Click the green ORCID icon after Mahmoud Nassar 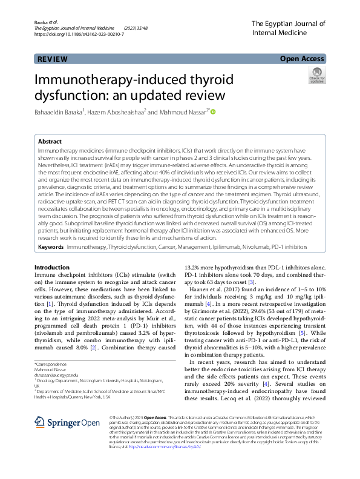coord(213,111)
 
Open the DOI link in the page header coord(79,35)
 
